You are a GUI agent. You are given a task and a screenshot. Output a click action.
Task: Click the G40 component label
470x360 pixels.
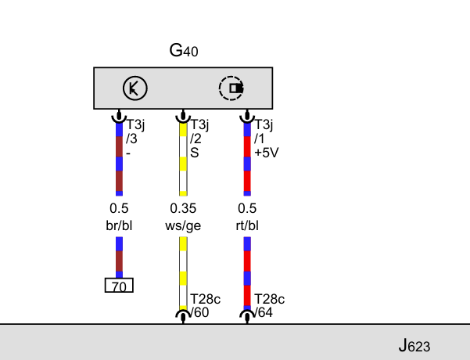(x=184, y=50)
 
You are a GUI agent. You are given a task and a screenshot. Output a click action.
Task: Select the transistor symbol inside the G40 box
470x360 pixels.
(x=135, y=88)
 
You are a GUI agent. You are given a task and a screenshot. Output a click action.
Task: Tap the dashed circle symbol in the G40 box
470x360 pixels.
(x=231, y=88)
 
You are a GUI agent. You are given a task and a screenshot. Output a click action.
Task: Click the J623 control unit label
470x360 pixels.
(x=414, y=346)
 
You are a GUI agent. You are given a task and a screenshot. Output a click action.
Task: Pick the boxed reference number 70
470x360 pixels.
(x=119, y=286)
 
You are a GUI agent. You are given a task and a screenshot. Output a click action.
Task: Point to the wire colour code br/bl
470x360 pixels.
(x=119, y=225)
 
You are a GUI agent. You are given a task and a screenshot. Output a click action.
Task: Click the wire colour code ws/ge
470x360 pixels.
(x=183, y=226)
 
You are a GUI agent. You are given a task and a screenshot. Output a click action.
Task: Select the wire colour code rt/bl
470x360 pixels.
(x=247, y=225)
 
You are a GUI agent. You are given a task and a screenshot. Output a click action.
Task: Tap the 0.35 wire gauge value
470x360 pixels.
(x=183, y=208)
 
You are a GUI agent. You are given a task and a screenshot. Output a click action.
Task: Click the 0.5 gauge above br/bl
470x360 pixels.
(x=119, y=208)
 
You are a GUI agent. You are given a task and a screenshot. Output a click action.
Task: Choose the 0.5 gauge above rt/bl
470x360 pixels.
(x=247, y=208)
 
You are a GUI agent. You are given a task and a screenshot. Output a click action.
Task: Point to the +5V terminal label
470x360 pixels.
(x=267, y=153)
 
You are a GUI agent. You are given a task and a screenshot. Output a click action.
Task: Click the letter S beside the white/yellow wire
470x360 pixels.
(x=195, y=153)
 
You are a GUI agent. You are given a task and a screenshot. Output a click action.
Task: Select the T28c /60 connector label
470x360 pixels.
(x=206, y=306)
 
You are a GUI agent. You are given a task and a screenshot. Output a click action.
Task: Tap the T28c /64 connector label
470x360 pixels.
(x=270, y=306)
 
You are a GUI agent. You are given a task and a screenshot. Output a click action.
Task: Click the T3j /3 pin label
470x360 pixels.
(x=135, y=131)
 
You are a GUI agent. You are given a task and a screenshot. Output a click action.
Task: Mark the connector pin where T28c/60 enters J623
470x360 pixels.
(x=183, y=317)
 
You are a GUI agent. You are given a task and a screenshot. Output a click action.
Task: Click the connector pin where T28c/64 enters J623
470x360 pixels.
(x=247, y=317)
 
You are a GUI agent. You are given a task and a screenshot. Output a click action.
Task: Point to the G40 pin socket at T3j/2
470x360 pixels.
(x=183, y=117)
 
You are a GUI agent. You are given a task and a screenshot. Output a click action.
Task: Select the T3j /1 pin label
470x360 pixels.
(x=264, y=131)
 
